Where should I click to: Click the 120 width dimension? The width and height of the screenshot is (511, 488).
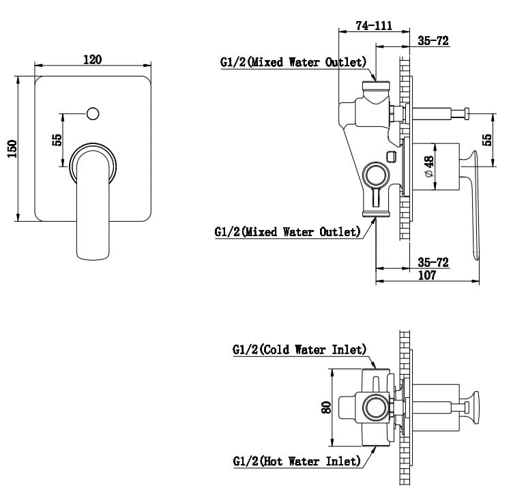[92, 59]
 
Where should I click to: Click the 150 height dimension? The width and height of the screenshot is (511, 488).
[12, 148]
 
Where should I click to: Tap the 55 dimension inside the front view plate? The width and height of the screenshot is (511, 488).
[57, 139]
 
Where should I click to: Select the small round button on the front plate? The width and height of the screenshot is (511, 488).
[93, 111]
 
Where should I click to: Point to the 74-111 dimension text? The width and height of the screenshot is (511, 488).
[374, 26]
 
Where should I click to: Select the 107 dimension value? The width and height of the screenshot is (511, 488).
[427, 275]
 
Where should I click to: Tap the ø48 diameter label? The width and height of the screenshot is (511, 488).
[428, 166]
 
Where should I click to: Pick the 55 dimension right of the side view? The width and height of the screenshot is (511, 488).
[487, 139]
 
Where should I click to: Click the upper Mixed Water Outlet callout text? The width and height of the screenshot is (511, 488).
[294, 62]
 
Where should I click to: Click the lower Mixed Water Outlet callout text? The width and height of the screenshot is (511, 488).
[287, 232]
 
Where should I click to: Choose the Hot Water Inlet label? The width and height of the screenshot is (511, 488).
[296, 461]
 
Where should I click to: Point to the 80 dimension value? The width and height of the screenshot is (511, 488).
[326, 407]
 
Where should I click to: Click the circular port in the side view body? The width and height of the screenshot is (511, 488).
[374, 175]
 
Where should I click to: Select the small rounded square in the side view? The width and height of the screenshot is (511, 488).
[390, 157]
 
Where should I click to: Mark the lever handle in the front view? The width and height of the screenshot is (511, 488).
[93, 205]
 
